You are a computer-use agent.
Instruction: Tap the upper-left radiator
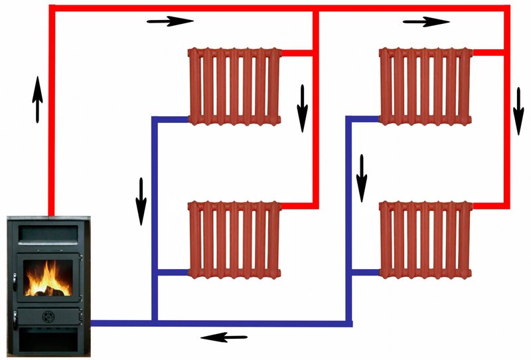[235, 85]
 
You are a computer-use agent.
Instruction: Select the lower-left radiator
[235, 239]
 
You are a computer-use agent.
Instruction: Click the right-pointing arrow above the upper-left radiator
[170, 21]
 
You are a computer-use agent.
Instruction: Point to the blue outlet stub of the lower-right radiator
[364, 272]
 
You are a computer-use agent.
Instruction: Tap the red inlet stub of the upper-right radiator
[488, 51]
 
